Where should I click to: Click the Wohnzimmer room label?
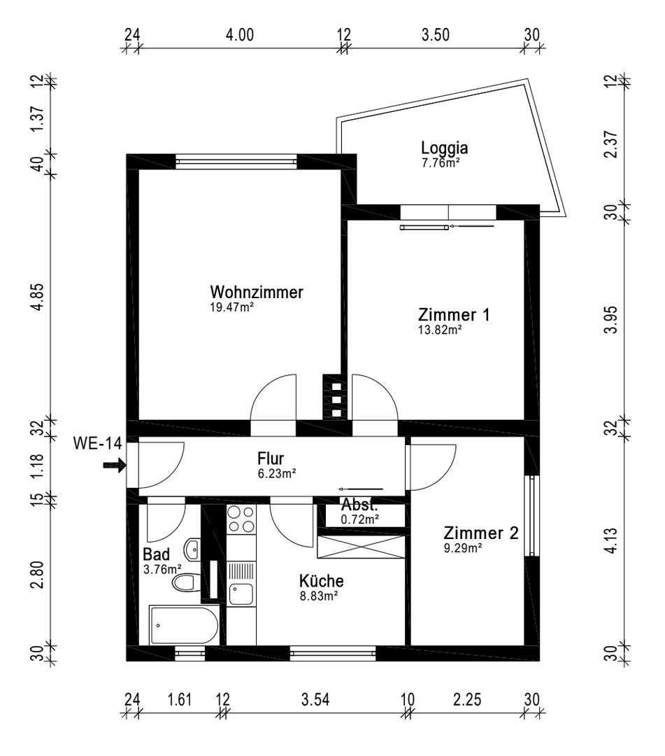tap(257, 293)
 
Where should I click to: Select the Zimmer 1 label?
tap(453, 314)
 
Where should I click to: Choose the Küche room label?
tap(321, 581)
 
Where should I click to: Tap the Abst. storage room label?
tap(359, 505)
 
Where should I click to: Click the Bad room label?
tap(156, 554)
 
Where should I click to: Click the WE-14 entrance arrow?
tap(112, 464)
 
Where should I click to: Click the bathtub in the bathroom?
tap(184, 625)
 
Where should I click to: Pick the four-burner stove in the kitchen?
tap(241, 520)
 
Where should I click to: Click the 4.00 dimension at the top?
tap(240, 36)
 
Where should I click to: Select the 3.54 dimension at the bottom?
tap(315, 699)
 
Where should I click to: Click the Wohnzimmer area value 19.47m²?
tap(231, 307)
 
